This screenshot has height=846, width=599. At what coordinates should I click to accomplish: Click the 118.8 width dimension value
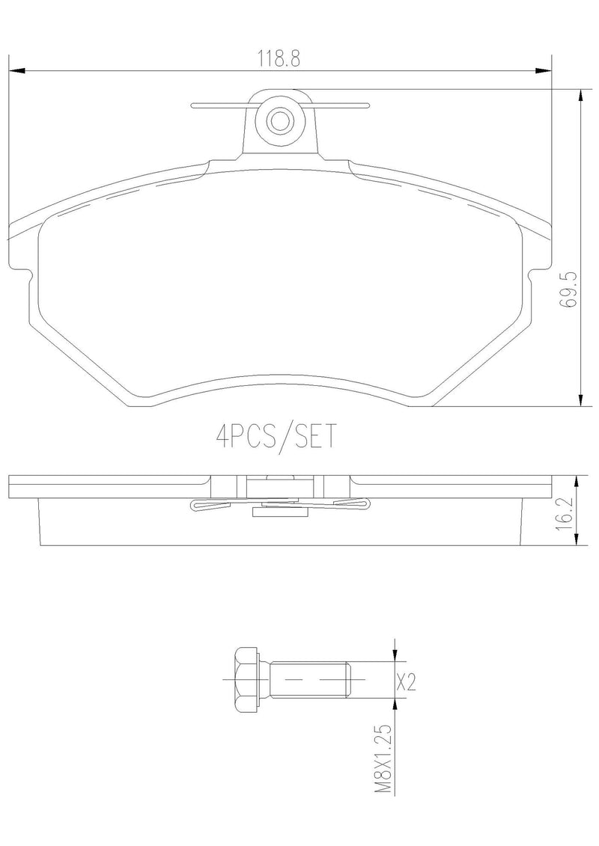(279, 58)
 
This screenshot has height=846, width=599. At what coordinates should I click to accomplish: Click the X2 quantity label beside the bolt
(405, 681)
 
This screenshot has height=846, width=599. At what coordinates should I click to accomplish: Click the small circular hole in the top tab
(279, 120)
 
